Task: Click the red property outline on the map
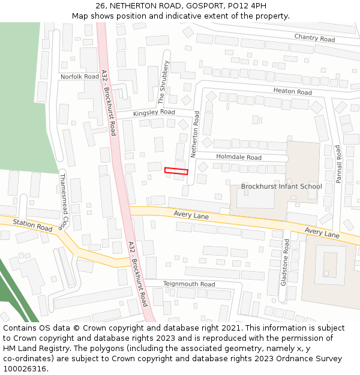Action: tap(176, 171)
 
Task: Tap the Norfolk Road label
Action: tap(79, 77)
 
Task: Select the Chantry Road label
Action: tap(314, 38)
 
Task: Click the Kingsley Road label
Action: tap(154, 112)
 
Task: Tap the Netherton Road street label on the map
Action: tap(196, 134)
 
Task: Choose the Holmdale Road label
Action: tap(239, 158)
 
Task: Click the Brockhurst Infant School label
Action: tap(281, 187)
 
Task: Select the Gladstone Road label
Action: tap(286, 262)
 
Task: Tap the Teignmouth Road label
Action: tap(189, 284)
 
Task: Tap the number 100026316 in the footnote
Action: tap(25, 368)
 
